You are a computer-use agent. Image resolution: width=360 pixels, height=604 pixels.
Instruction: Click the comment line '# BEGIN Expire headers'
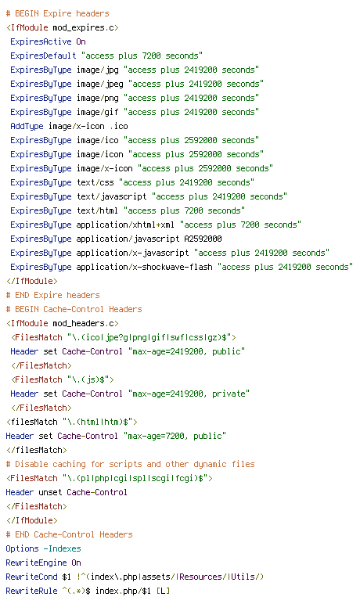[x=58, y=13]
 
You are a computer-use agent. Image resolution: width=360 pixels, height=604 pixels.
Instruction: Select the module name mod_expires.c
[x=83, y=27]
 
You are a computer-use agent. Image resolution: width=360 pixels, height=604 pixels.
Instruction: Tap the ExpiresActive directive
[x=41, y=41]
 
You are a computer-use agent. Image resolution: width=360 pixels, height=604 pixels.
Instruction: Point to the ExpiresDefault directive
[x=43, y=56]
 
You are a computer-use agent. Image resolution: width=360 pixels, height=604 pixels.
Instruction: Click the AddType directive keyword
[x=27, y=126]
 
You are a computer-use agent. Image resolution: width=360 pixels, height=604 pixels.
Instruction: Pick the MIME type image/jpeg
[x=100, y=84]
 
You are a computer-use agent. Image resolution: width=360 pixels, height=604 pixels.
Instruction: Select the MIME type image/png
[x=98, y=99]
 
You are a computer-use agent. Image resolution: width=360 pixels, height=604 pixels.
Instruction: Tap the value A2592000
[x=203, y=239]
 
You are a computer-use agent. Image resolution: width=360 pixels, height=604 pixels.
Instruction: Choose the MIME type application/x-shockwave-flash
[x=144, y=267]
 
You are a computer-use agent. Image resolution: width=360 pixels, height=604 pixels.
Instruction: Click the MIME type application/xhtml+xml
[x=125, y=225]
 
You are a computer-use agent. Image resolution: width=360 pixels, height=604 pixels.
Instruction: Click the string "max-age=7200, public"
[x=175, y=436]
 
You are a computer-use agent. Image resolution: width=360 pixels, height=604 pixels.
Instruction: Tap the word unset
[x=50, y=492]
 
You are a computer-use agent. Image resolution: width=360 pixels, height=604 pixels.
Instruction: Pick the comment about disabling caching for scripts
[x=131, y=464]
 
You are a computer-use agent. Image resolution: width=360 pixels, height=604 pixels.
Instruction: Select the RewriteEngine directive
[x=36, y=563]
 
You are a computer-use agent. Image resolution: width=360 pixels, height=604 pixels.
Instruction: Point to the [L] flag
[x=163, y=591]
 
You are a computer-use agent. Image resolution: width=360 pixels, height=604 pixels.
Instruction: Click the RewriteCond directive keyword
[x=31, y=577]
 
